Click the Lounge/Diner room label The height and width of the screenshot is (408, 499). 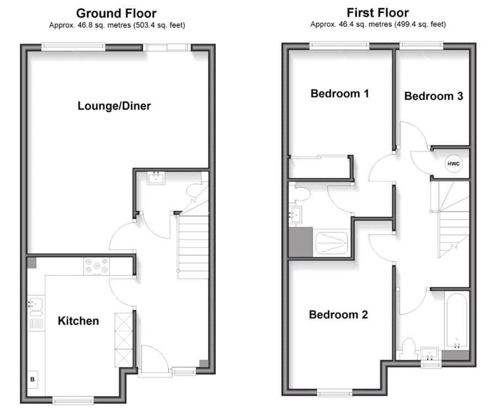tap(114, 106)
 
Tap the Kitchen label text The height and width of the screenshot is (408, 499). tap(78, 320)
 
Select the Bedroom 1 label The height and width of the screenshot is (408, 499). tap(340, 93)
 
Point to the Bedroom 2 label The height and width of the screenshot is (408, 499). tap(338, 315)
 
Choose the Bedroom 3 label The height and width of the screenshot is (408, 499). tap(433, 96)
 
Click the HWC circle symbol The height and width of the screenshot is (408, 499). tap(453, 164)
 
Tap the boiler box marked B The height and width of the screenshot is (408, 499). tap(33, 379)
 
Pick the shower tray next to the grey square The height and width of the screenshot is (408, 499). tap(332, 243)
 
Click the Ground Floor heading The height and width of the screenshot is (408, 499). tap(116, 13)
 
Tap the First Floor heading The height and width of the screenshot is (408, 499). tap(378, 12)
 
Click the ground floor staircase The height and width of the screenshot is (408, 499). tap(193, 245)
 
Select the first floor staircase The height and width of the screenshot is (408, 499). tap(453, 221)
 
